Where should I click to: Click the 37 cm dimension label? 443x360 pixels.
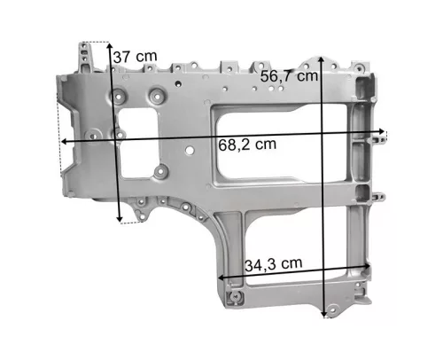[136, 57]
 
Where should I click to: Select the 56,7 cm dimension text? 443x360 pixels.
[289, 76]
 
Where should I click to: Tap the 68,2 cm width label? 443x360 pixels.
[247, 145]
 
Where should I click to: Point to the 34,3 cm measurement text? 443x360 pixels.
[274, 264]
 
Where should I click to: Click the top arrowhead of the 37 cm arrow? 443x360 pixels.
[109, 45]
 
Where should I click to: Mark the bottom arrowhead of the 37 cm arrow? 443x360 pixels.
[119, 219]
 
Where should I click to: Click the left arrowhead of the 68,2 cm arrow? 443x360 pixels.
[64, 142]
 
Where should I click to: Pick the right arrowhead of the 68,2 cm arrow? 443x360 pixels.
[382, 131]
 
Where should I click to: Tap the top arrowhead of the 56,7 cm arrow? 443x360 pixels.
[322, 59]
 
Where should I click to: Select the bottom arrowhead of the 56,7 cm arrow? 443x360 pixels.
[324, 315]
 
